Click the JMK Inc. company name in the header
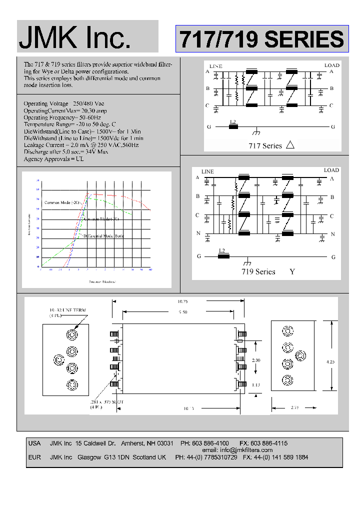coord(75,37)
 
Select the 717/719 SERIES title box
coord(261,39)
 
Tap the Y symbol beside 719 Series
coord(292,271)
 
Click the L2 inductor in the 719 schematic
coord(223,256)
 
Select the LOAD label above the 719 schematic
coord(331,170)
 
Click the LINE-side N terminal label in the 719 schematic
coord(197,234)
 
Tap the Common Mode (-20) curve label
coord(62,202)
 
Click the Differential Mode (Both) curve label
coord(103,235)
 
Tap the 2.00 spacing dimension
coord(255,360)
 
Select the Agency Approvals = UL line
coord(54,159)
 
